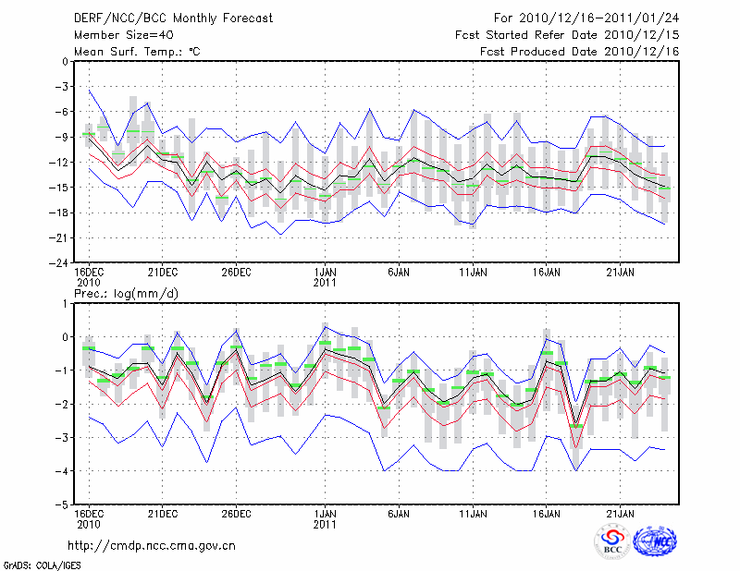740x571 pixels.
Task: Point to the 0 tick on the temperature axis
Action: (x=63, y=62)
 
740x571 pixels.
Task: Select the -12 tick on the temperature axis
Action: (x=58, y=163)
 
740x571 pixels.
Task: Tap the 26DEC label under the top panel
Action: (x=236, y=273)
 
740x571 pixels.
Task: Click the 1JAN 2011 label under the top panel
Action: (x=325, y=277)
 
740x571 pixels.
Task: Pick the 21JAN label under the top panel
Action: (x=620, y=273)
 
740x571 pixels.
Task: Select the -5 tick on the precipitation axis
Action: (x=60, y=505)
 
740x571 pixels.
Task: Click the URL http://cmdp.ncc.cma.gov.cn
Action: (x=153, y=545)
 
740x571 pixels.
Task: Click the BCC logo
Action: (x=611, y=542)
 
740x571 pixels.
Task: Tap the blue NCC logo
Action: (x=654, y=543)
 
